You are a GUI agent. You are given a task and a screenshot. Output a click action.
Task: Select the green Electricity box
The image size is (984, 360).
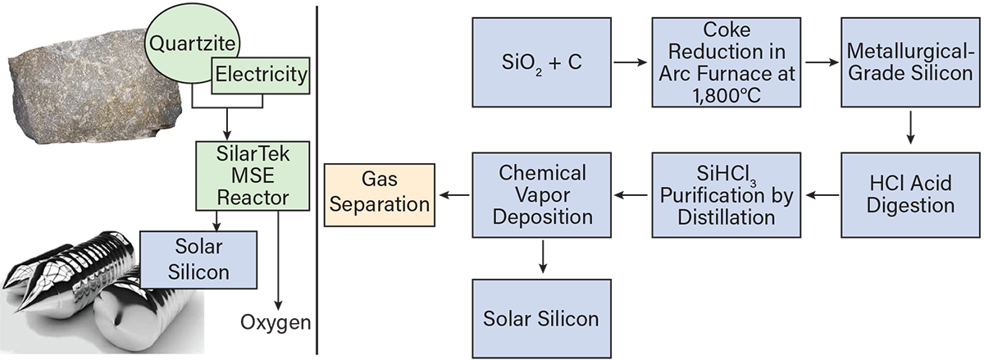261,76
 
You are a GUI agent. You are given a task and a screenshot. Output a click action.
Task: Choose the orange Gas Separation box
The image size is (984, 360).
379,195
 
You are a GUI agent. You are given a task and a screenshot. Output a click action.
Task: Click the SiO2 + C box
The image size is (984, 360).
541,62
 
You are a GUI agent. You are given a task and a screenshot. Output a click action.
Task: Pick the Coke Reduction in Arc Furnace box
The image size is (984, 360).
727,62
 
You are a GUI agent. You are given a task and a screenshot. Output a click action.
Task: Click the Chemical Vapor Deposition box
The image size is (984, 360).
541,195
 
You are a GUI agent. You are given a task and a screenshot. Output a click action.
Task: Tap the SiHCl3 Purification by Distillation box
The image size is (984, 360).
727,195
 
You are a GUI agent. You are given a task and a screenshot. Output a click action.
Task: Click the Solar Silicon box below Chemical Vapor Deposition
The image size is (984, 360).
541,318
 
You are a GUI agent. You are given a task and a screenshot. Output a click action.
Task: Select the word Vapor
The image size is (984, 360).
542,195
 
